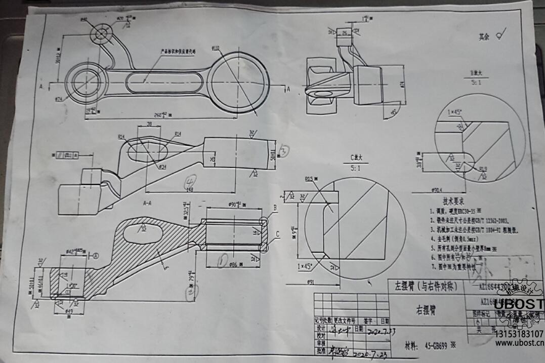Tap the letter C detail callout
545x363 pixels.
click(277, 234)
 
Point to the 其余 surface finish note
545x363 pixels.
click(484, 36)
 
